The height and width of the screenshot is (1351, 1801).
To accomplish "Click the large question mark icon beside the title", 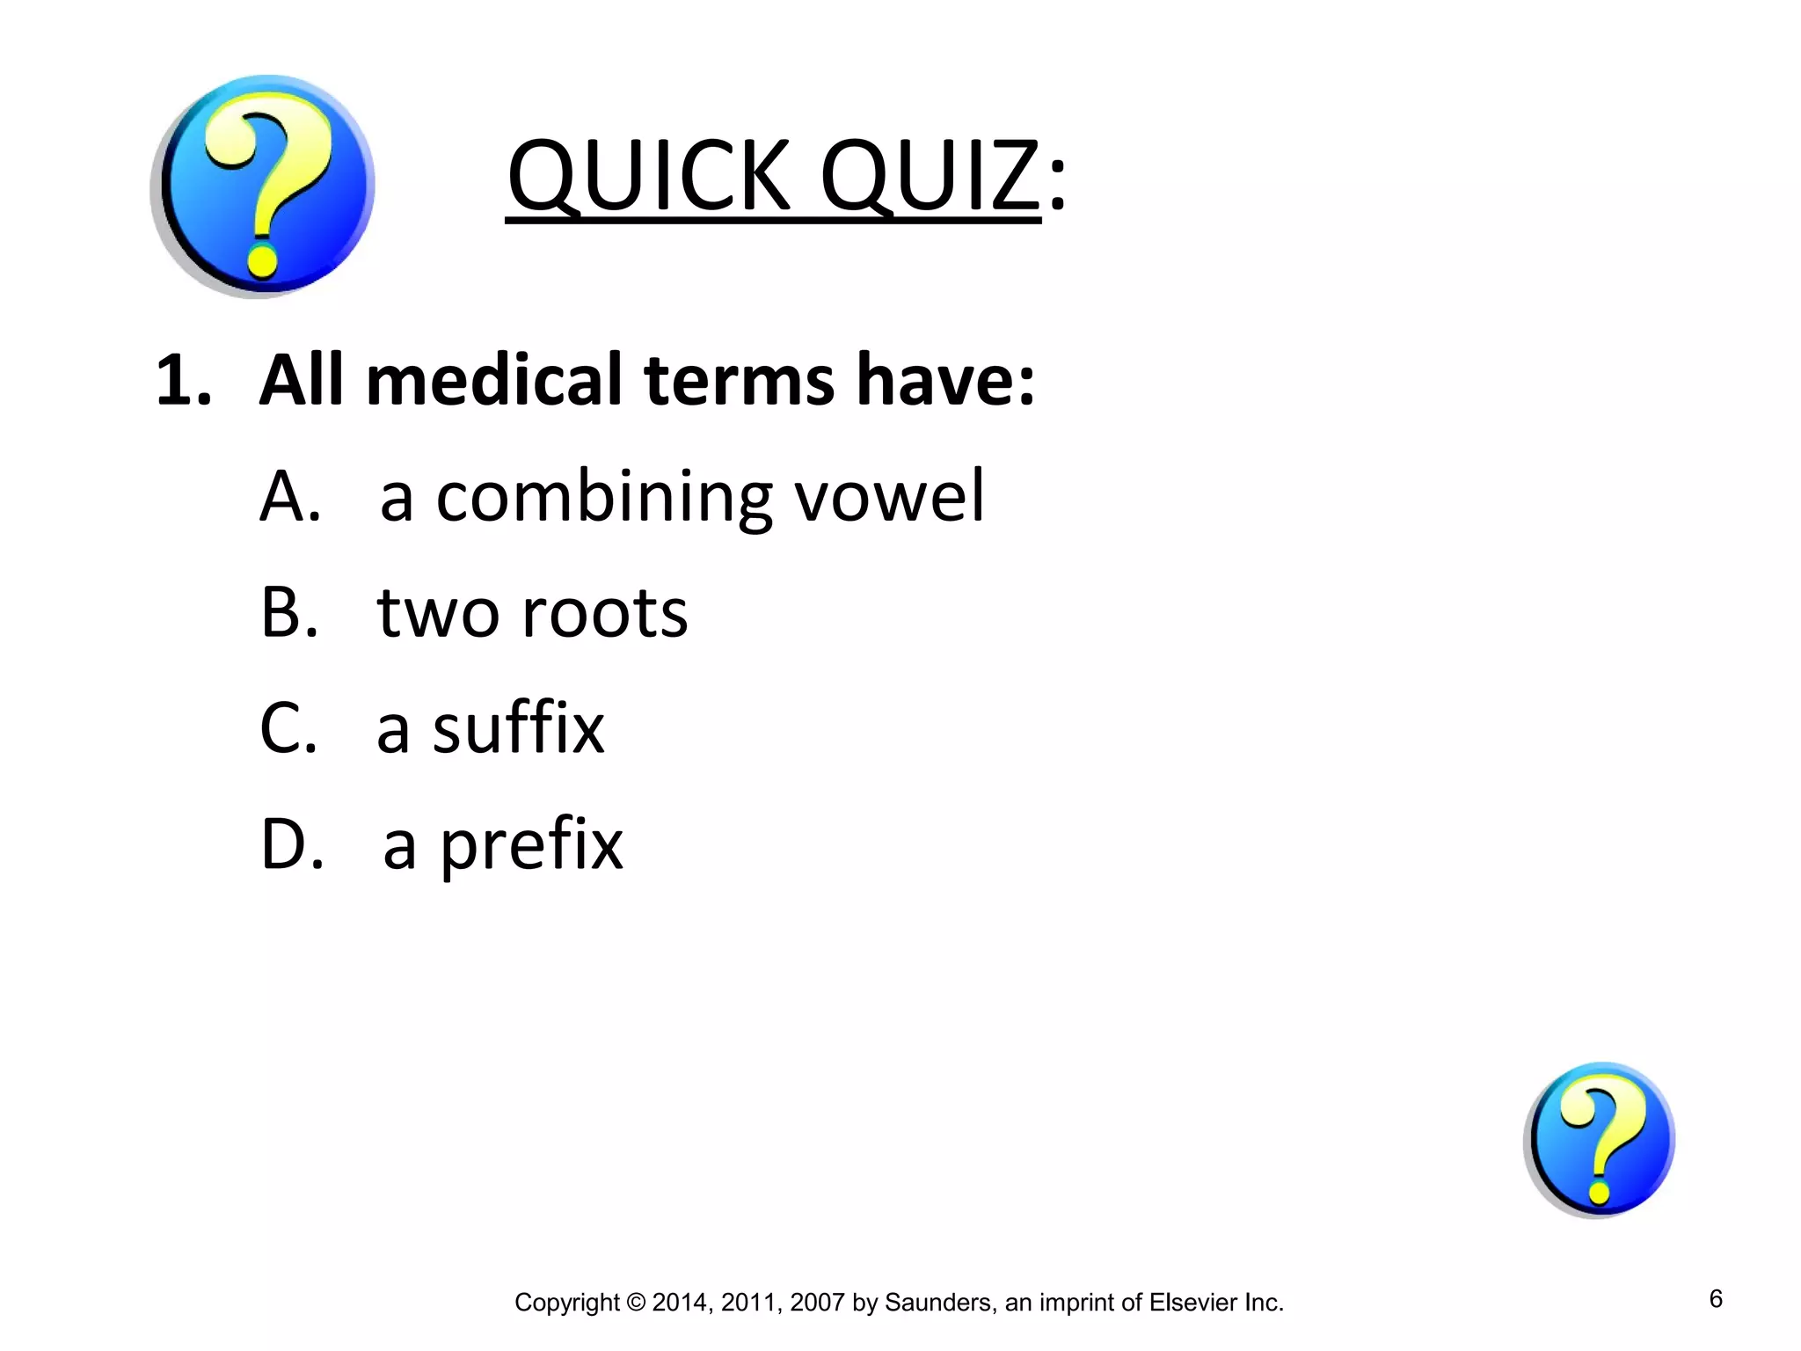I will (x=262, y=186).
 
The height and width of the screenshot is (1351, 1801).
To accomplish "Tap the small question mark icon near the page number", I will (x=1599, y=1139).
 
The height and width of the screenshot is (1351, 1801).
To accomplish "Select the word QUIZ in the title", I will (x=930, y=178).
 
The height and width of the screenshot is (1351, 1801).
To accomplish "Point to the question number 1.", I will (x=182, y=380).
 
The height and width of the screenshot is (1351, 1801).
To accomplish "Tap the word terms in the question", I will (x=740, y=380).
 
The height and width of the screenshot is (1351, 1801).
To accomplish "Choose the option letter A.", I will (x=288, y=496).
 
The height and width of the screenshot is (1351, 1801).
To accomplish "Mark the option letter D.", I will (x=290, y=844).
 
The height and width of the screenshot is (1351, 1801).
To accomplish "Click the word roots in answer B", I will (x=605, y=614).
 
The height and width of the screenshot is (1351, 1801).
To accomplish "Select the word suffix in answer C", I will (x=518, y=728).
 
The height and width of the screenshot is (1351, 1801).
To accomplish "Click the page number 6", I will (x=1716, y=1298).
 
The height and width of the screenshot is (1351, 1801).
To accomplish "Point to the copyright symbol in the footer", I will (x=635, y=1303).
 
